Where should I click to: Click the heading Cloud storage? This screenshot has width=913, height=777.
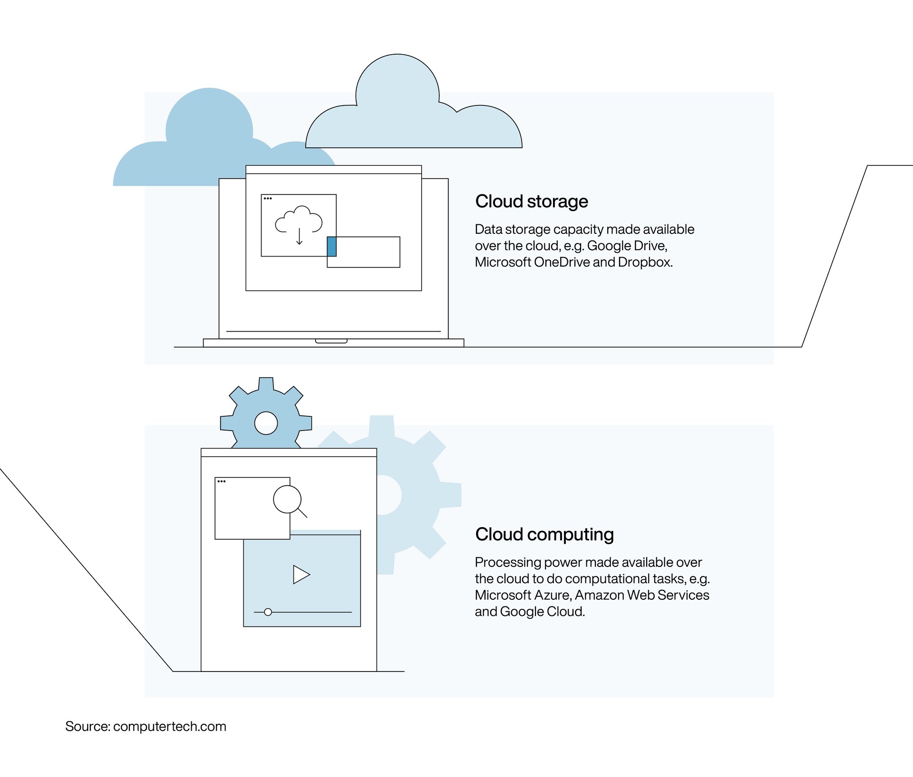pos(531,201)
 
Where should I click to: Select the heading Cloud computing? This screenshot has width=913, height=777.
pos(544,535)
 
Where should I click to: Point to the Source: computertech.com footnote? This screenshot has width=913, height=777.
pos(146,727)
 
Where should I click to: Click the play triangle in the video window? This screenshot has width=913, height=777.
pos(301,575)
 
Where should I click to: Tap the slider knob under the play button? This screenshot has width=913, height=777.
pos(268,612)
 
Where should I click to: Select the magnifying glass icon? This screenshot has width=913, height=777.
pos(288,500)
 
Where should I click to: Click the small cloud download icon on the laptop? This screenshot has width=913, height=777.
pos(299,220)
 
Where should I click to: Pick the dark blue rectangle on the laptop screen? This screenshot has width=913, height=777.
pos(332,247)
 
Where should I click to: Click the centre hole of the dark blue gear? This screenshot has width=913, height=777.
pos(266,423)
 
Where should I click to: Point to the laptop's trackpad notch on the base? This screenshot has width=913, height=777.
pos(331,341)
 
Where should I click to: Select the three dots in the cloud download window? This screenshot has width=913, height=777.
pos(268,199)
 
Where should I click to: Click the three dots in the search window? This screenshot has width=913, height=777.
pos(221,481)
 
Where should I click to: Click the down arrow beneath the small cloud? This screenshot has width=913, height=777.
pos(299,237)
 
